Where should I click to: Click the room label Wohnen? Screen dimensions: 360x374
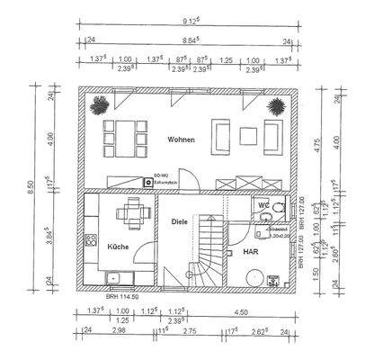[x=181, y=140]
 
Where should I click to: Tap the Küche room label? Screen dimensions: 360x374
[x=119, y=246]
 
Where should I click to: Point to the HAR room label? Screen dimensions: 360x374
[x=251, y=253]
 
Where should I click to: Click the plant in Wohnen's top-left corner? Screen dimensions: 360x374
[x=97, y=106]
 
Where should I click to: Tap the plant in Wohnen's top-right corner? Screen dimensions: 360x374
[x=275, y=106]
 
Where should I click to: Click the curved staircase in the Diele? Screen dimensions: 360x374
[x=209, y=256]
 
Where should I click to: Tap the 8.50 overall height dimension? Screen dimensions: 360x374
[x=31, y=185]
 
